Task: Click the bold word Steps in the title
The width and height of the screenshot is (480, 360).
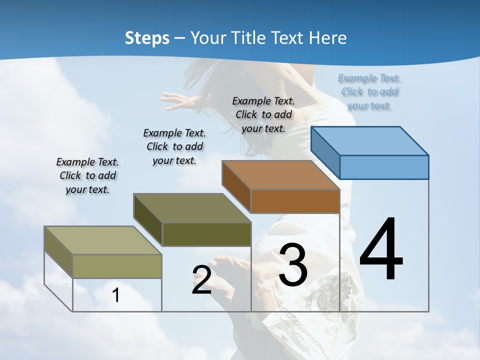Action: tap(146, 38)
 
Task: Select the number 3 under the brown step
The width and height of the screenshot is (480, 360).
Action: tap(293, 264)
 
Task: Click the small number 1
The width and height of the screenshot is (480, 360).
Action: tap(115, 295)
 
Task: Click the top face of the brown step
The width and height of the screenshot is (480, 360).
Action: tap(280, 175)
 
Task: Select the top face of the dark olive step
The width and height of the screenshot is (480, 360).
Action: tap(191, 208)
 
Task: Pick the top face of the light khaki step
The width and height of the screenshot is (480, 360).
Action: tap(103, 240)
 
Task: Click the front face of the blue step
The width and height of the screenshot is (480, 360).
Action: tap(384, 167)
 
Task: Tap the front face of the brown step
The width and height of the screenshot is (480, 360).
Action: tap(295, 201)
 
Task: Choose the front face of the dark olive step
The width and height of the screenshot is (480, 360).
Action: tap(206, 234)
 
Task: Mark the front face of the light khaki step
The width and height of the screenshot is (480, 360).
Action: tap(117, 266)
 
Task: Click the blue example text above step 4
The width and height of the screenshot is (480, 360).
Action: tap(369, 92)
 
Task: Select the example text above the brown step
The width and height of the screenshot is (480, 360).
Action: tap(263, 114)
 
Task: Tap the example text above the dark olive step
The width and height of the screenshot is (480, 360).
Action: tap(174, 146)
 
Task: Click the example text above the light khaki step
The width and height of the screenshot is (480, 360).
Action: tap(87, 175)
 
